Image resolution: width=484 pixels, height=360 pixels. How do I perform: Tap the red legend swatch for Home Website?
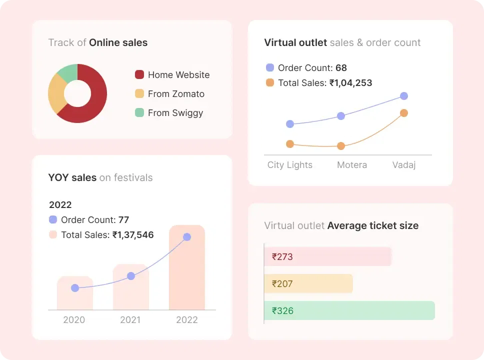(x=139, y=74)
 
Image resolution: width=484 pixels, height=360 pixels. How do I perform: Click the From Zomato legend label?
(x=176, y=94)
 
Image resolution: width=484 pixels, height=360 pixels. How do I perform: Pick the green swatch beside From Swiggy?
(x=139, y=112)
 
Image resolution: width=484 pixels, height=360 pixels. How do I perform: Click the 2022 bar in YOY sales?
(x=187, y=270)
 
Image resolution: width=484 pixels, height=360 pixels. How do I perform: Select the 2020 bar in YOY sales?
(x=75, y=295)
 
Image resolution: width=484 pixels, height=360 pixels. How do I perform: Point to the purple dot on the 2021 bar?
(x=131, y=276)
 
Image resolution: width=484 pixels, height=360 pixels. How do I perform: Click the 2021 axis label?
(x=130, y=320)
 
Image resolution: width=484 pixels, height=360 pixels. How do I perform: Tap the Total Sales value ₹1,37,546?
(x=133, y=234)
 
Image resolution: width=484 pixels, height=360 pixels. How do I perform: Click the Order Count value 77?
(x=123, y=219)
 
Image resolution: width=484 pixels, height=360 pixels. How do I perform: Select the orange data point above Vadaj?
(x=404, y=113)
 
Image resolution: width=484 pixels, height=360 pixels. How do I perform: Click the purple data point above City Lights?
(x=290, y=124)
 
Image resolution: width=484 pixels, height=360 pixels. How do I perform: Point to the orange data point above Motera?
(x=341, y=146)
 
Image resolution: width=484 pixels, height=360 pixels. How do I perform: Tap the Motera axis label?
(x=352, y=165)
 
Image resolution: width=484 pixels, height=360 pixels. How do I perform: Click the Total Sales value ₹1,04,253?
(x=350, y=83)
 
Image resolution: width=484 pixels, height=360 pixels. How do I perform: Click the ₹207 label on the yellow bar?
(x=282, y=284)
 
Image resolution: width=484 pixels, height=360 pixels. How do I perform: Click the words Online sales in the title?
(x=118, y=42)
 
